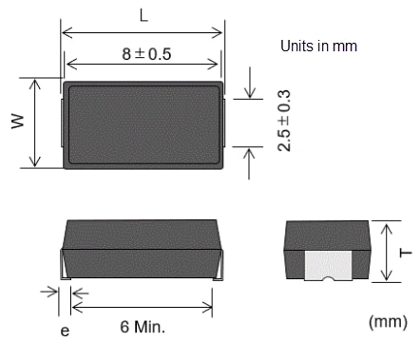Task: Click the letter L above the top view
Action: (x=142, y=16)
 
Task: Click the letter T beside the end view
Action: (x=405, y=251)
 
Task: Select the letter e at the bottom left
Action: (x=64, y=331)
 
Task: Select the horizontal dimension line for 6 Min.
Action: (x=143, y=307)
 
